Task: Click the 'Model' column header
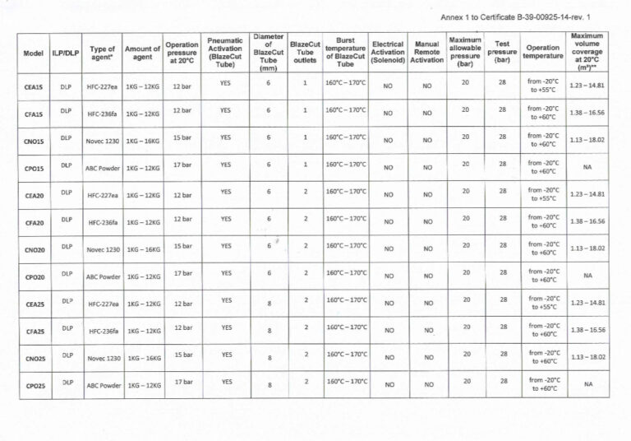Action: [34, 53]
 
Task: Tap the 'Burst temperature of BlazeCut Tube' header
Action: [346, 52]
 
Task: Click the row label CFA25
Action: [34, 332]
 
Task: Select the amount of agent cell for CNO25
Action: [143, 359]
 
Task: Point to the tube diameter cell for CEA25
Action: [269, 304]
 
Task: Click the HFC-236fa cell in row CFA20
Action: [103, 223]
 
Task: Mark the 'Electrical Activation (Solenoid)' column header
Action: [388, 52]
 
